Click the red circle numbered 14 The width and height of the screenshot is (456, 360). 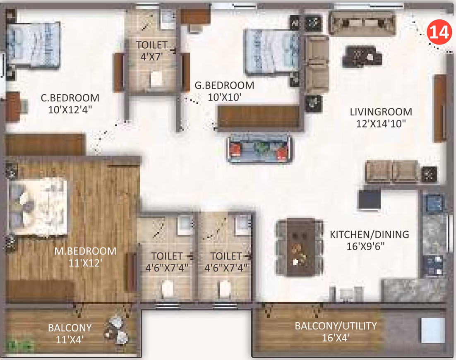(439, 32)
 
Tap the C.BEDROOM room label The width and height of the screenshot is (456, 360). (70, 98)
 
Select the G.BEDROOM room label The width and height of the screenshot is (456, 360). (224, 86)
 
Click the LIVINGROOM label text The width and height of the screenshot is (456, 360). (381, 112)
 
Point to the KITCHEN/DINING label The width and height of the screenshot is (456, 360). (370, 234)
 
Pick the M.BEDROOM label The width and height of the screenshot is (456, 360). (85, 251)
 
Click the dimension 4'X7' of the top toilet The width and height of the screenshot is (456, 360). (151, 56)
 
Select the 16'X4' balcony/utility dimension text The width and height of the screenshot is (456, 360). (336, 338)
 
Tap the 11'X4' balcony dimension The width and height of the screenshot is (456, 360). (70, 340)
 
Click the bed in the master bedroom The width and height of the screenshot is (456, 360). (38, 207)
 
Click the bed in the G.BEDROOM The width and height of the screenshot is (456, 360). (273, 51)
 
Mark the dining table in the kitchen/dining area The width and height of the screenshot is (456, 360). (300, 247)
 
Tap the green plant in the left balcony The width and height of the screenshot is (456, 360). (20, 346)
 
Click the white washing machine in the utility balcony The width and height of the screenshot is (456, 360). (433, 330)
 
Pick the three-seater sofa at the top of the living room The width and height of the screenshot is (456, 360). (362, 23)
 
